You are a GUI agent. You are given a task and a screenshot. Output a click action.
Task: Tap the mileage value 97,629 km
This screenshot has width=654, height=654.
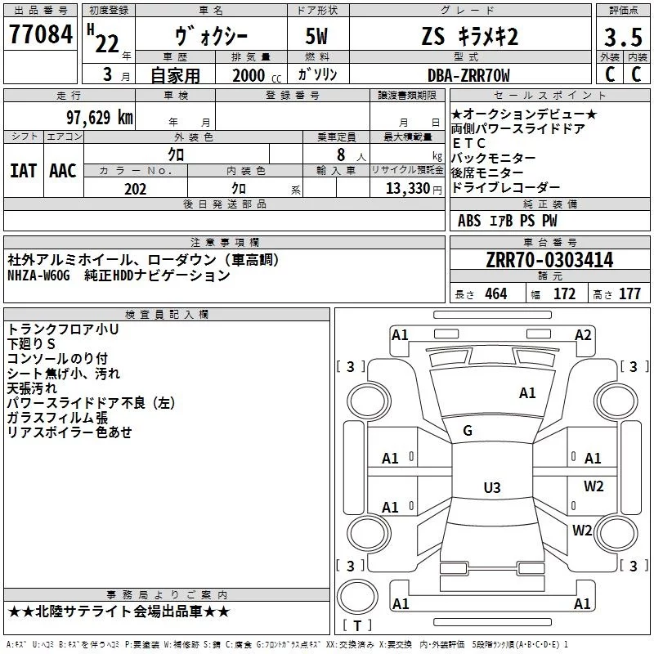pos(99,118)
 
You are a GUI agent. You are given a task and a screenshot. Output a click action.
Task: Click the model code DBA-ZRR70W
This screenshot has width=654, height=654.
pos(469,75)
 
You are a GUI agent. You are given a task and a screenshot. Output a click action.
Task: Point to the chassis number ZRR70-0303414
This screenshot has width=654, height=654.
pos(549,260)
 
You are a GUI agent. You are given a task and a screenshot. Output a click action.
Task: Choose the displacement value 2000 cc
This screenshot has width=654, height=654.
pos(249,76)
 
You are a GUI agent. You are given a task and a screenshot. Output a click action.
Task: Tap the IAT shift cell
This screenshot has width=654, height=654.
pos(23,171)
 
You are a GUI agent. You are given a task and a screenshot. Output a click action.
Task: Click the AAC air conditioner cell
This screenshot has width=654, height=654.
pos(63,171)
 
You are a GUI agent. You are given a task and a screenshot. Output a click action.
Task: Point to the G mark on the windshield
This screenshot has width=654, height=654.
pos(468,431)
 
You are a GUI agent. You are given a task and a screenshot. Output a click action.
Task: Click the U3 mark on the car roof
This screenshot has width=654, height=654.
pos(491,488)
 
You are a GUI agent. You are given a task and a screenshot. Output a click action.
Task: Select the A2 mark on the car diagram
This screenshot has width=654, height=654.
pos(583,334)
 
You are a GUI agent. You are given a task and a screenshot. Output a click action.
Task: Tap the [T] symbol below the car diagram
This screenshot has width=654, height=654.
pos(357,626)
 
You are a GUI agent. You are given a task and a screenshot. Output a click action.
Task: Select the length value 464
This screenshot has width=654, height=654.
pos(496,294)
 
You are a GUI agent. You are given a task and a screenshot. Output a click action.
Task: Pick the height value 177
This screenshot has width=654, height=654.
pos(629,294)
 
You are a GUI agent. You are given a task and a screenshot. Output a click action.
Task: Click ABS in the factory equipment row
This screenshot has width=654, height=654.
pos(469,221)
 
